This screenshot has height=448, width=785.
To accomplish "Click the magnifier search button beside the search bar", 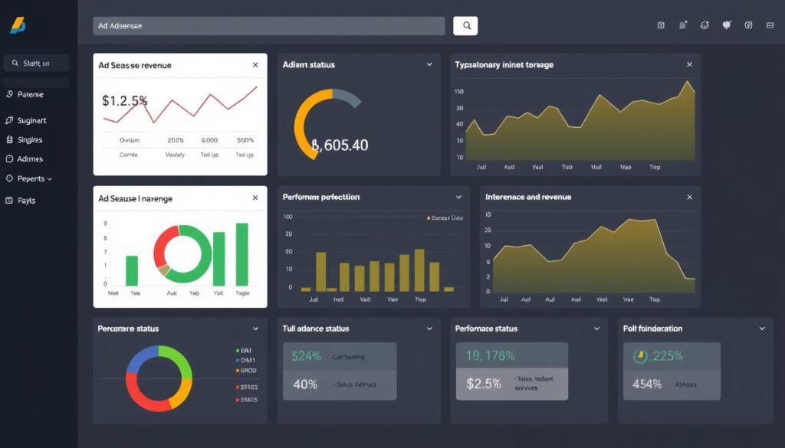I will (x=465, y=26).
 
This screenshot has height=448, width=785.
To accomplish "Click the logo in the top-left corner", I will (x=18, y=25).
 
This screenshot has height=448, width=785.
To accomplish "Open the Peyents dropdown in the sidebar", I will (x=34, y=178).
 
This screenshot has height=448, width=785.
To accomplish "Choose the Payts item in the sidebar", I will (x=26, y=201).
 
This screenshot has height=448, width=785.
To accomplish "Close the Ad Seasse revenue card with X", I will (x=255, y=66).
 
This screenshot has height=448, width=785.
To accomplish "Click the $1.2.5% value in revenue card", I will (x=124, y=100).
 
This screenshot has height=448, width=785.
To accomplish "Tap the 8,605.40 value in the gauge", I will (x=340, y=145).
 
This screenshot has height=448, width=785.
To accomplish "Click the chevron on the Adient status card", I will (x=429, y=65).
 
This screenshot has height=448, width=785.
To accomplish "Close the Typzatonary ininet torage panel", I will (x=689, y=65).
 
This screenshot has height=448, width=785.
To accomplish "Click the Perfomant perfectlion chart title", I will (x=320, y=198).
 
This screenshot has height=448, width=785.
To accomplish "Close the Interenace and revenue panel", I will (x=689, y=198).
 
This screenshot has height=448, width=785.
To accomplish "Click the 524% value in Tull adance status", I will (x=306, y=356).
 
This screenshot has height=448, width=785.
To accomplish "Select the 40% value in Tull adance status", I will (x=305, y=384).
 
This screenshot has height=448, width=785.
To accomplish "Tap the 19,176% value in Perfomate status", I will (x=490, y=356).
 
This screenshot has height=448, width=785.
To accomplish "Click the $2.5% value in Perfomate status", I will (x=484, y=384).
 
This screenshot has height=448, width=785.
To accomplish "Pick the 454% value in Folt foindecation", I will (x=646, y=384).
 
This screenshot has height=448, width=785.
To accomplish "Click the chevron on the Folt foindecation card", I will (x=762, y=329).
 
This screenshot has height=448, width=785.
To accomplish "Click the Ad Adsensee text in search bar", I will (x=120, y=26).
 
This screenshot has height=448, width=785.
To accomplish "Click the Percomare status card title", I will (x=128, y=329).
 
